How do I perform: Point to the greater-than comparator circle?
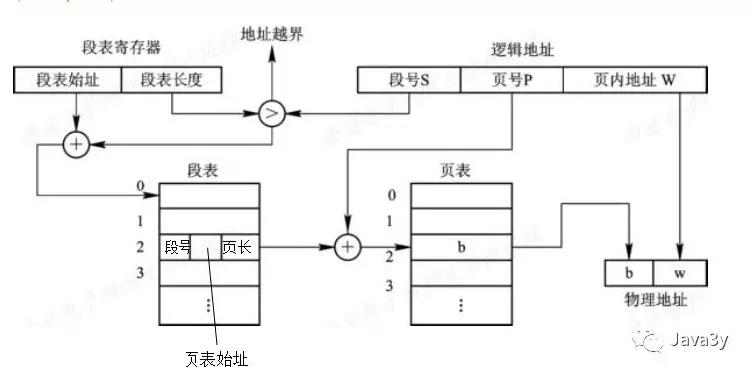271,113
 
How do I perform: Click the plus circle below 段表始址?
76,145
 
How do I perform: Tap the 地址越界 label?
271,34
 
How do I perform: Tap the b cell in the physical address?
629,272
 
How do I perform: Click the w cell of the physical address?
679,272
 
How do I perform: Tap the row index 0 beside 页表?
392,195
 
